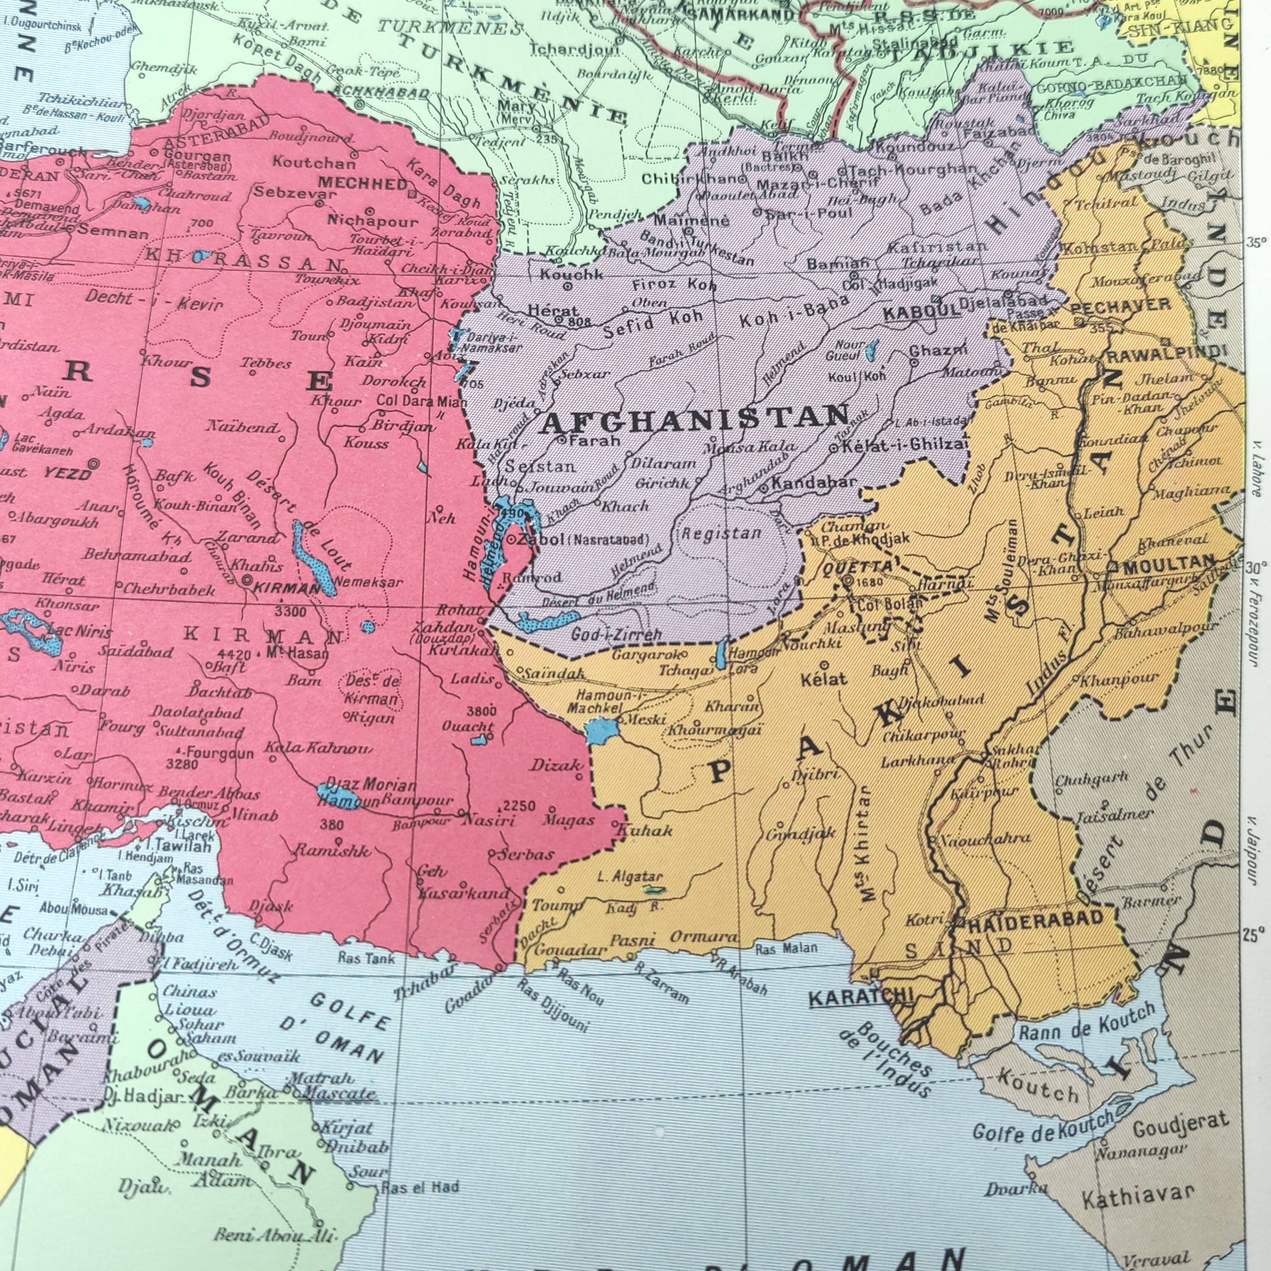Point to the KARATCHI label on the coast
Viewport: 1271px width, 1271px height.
click(861, 998)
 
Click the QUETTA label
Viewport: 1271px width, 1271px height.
click(848, 567)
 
